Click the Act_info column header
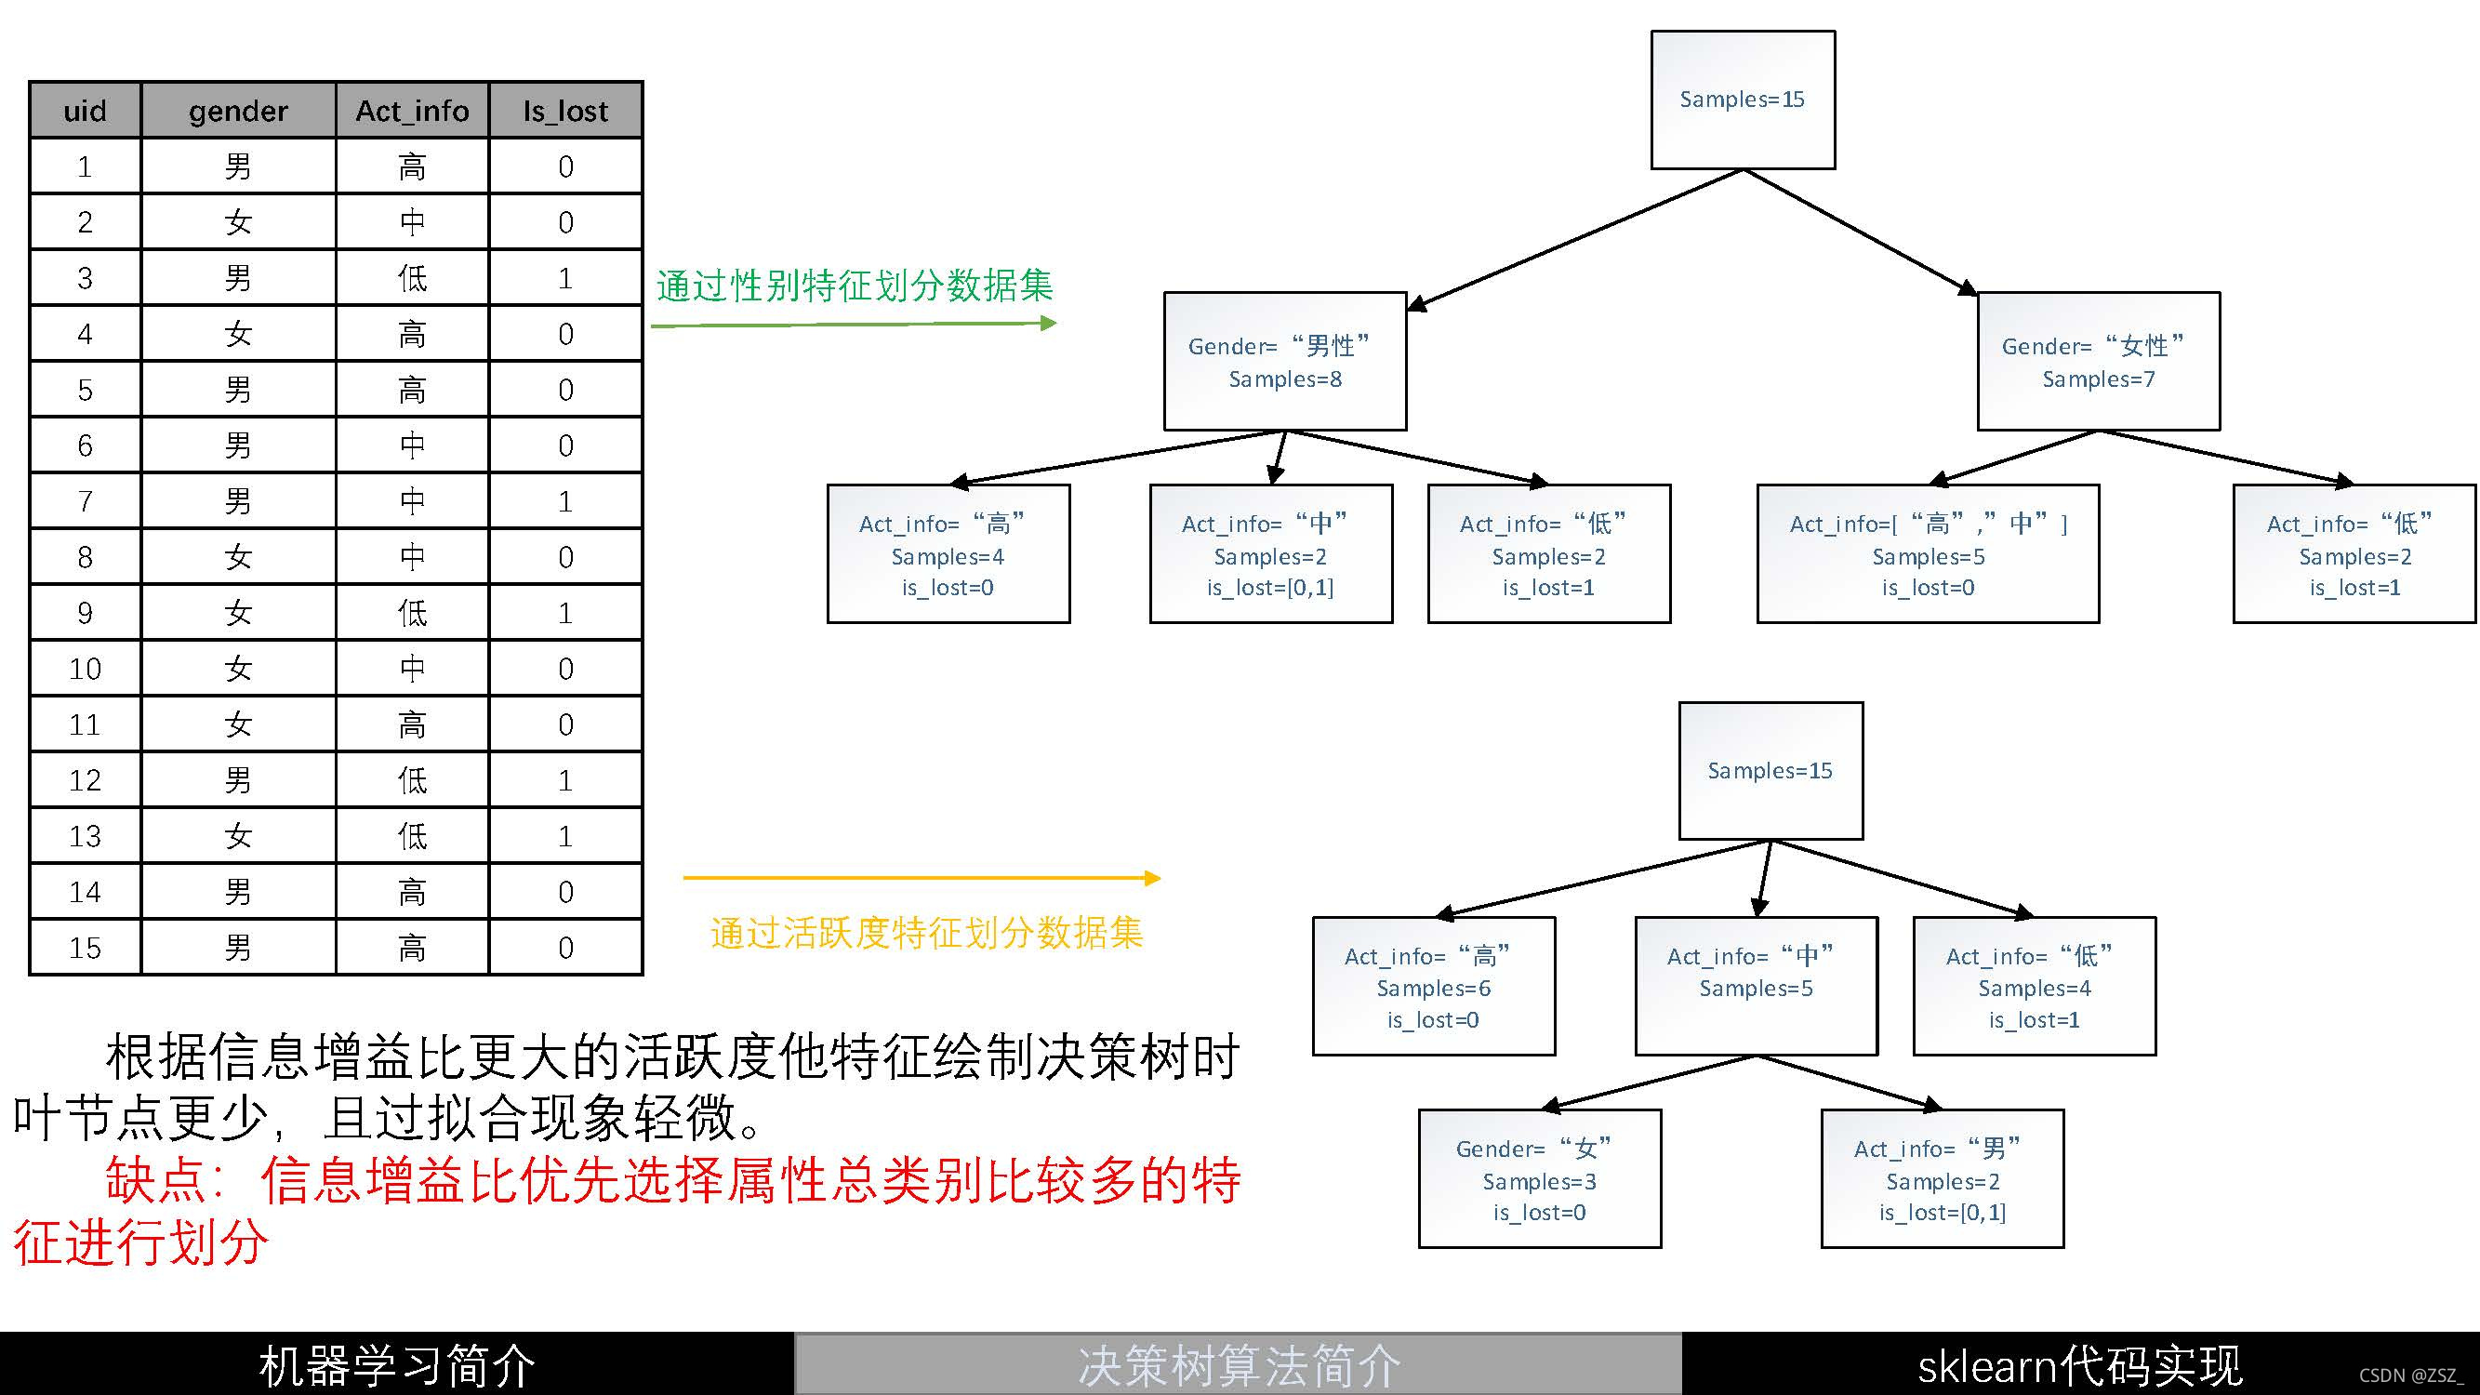pyautogui.click(x=412, y=111)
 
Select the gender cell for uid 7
pyautogui.click(x=238, y=500)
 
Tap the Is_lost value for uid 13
pyautogui.click(x=565, y=836)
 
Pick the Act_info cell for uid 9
pyautogui.click(x=412, y=612)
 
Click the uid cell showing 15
pyautogui.click(x=85, y=948)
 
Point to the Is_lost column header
pyautogui.click(x=565, y=111)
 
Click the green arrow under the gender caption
pyautogui.click(x=853, y=325)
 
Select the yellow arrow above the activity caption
pyautogui.click(x=922, y=878)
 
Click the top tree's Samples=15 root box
pyautogui.click(x=1743, y=100)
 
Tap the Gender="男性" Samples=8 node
pyautogui.click(x=1284, y=361)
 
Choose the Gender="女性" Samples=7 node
pyautogui.click(x=2098, y=361)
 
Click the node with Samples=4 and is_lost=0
pyautogui.click(x=948, y=554)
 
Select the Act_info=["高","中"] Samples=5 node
pyautogui.click(x=1928, y=554)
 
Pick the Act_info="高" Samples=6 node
pyautogui.click(x=1434, y=987)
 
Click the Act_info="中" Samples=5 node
pyautogui.click(x=1756, y=987)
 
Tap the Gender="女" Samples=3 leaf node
pyautogui.click(x=1539, y=1179)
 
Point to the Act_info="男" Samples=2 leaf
pyautogui.click(x=1942, y=1179)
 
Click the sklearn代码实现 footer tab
pyautogui.click(x=2079, y=1365)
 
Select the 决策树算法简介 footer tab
pyautogui.click(x=1238, y=1365)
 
